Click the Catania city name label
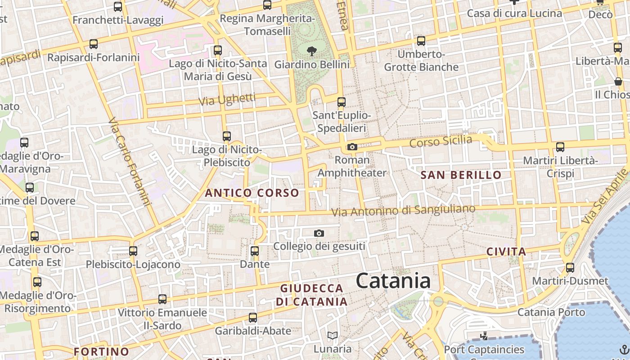[393, 281]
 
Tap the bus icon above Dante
[255, 251]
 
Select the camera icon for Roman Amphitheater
[352, 147]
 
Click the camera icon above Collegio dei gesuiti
[319, 233]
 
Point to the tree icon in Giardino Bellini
[311, 51]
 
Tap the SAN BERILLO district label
[461, 175]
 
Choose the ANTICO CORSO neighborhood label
[252, 193]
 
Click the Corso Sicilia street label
[441, 141]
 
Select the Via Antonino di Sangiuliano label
[403, 210]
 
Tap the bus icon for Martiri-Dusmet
[570, 268]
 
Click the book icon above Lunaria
[333, 335]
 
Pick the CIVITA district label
[506, 252]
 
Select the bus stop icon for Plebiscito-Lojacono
[133, 251]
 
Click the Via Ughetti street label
[227, 99]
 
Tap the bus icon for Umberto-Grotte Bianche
[421, 41]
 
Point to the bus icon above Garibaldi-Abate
[253, 318]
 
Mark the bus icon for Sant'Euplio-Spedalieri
[342, 102]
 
